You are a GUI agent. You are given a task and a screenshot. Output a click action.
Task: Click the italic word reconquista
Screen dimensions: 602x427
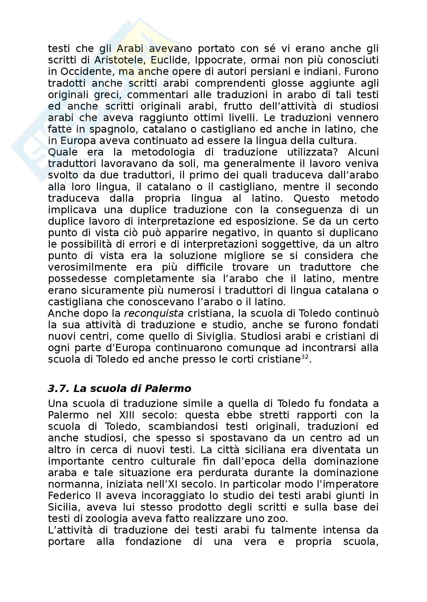[x=154, y=313]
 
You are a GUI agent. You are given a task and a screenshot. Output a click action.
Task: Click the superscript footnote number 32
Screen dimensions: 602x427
[x=305, y=357]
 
